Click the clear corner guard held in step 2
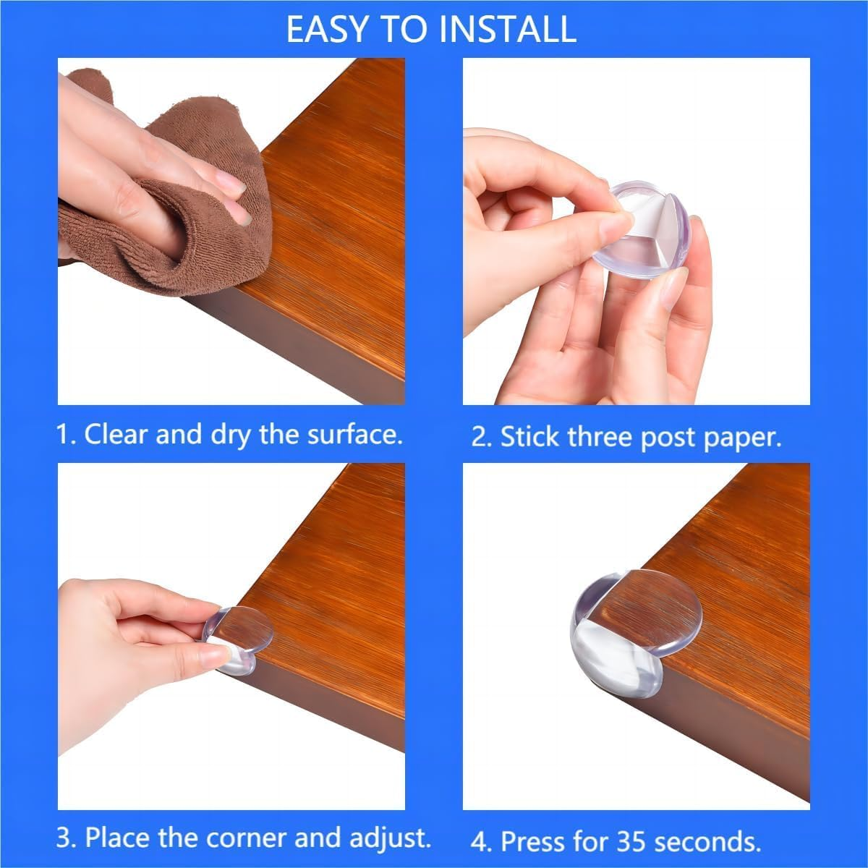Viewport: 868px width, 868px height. tap(651, 231)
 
